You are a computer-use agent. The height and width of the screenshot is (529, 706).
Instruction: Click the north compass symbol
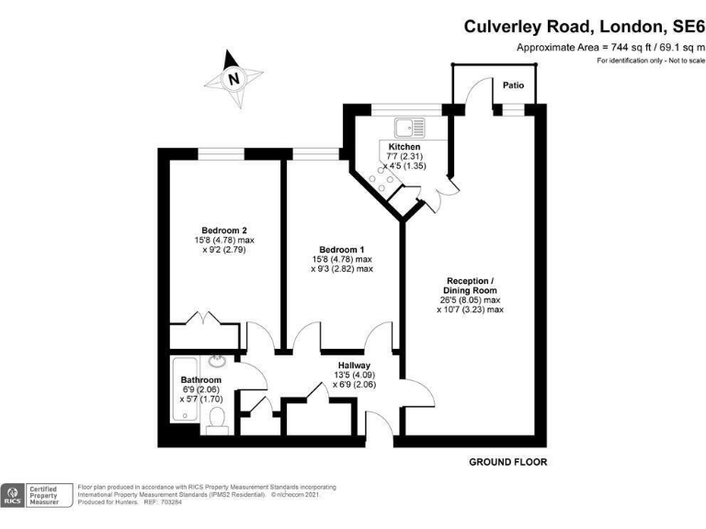coord(233,78)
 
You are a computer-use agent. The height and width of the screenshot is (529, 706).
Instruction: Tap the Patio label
coord(513,84)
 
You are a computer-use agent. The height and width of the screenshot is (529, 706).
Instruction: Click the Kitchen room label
coord(404,147)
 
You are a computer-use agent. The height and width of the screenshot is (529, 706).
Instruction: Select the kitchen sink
coord(405,128)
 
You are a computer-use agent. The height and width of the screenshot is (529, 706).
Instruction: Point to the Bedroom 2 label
coord(224,231)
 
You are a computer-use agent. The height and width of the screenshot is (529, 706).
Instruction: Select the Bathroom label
coord(200,380)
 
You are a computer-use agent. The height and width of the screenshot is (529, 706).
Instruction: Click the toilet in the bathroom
coord(218,419)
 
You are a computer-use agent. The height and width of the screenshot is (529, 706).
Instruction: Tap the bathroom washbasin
coord(217,362)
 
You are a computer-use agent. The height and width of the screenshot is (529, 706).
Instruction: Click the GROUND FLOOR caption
coord(507,462)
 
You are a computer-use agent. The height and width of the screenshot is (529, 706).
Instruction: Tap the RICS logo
coord(13,496)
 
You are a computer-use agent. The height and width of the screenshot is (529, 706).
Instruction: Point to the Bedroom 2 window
coord(223,152)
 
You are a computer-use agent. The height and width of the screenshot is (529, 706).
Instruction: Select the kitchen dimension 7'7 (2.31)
coord(404,157)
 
